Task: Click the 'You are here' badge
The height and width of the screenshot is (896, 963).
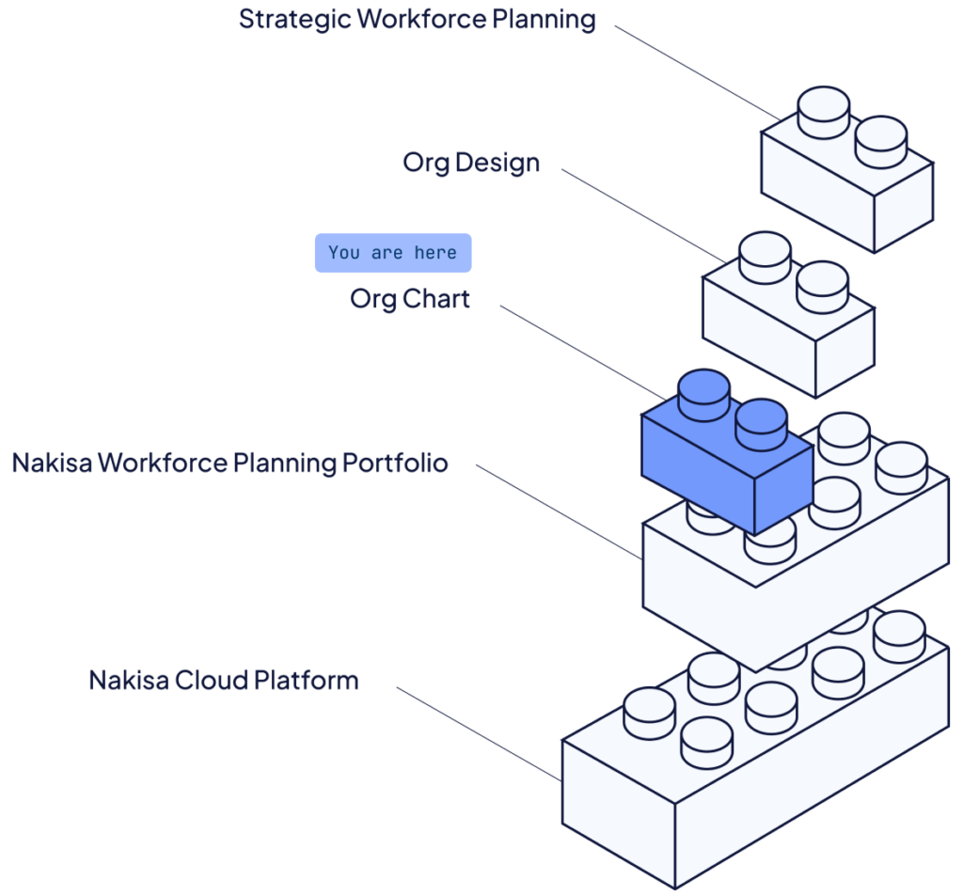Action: (x=392, y=253)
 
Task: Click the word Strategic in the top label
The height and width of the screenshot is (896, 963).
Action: (x=283, y=19)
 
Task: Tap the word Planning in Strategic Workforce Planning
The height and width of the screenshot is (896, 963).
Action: (x=545, y=19)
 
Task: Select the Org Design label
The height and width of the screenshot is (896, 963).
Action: (x=471, y=163)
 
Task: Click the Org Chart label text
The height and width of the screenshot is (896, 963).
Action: (x=410, y=300)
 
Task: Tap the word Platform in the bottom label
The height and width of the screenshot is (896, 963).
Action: (x=309, y=680)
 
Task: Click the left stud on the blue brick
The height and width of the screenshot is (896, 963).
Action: (x=704, y=393)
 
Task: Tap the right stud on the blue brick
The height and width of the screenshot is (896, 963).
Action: (x=761, y=422)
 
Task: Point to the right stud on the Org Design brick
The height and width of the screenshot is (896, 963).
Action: (x=821, y=285)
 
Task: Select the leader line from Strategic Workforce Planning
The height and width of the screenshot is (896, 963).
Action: (x=696, y=71)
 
